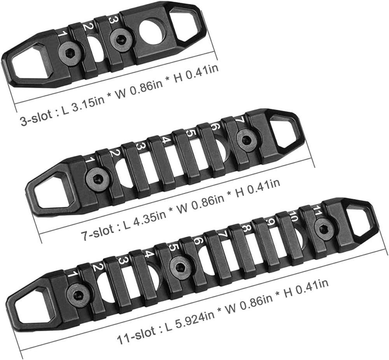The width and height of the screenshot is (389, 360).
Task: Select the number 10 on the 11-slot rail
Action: [294, 217]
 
